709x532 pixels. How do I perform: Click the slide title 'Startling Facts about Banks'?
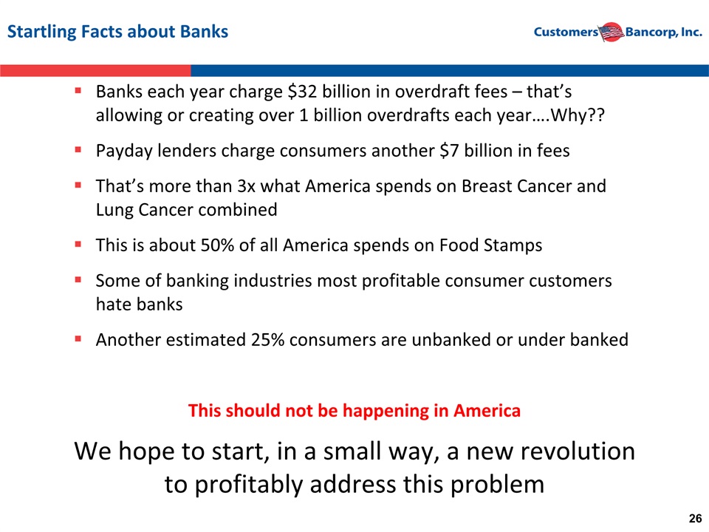click(x=117, y=32)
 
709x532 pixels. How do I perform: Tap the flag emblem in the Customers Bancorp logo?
click(x=612, y=32)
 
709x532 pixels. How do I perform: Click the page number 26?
click(x=695, y=519)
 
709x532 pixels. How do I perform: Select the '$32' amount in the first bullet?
click(x=302, y=92)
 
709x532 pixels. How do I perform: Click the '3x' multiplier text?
click(x=246, y=186)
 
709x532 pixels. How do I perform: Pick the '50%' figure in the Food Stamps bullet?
click(x=217, y=245)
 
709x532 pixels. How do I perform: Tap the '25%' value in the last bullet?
click(x=267, y=340)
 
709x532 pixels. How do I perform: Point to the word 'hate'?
click(x=112, y=304)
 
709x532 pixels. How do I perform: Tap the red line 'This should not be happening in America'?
click(x=354, y=411)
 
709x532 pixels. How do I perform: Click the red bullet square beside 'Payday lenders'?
click(x=78, y=149)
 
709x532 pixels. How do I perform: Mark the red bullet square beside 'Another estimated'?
click(x=78, y=338)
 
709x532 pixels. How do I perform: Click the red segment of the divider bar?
click(x=95, y=71)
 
